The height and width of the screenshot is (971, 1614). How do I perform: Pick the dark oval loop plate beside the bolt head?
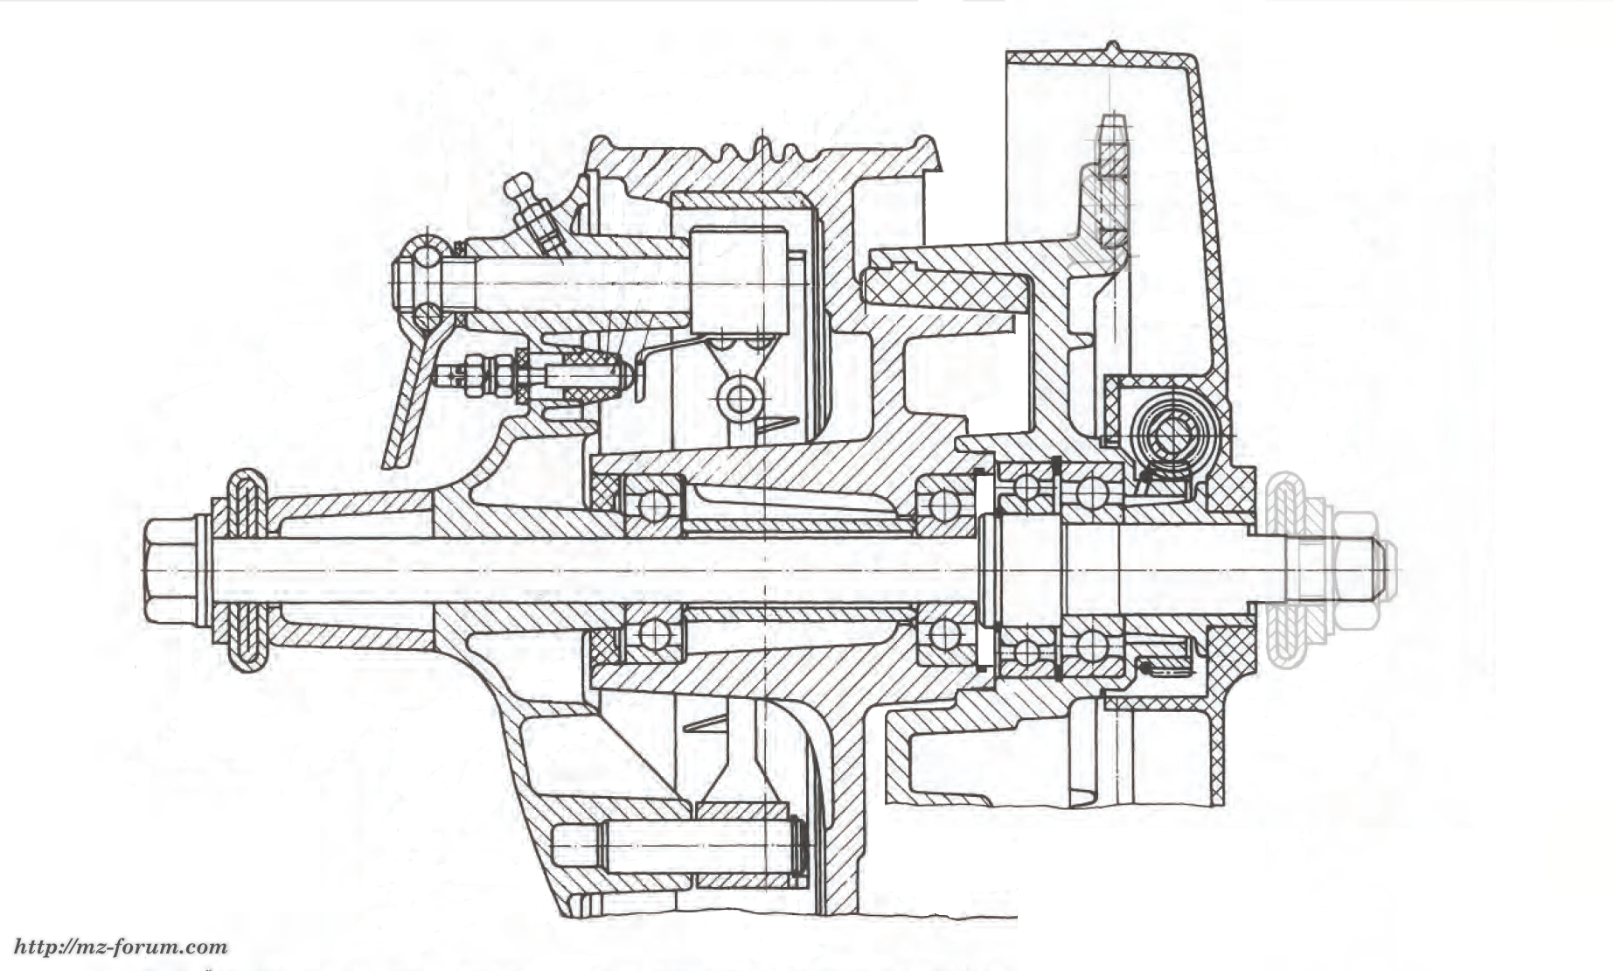pos(247,570)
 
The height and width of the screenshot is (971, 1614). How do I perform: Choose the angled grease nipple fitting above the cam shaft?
pos(535,213)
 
